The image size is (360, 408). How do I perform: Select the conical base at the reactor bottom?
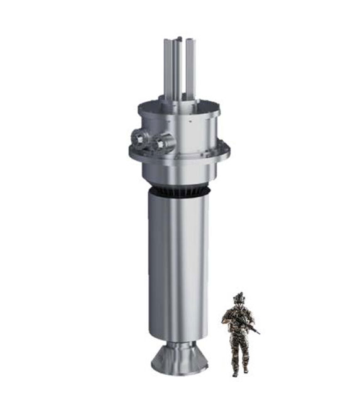(x=180, y=361)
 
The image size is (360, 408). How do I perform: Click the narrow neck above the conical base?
(x=180, y=345)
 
